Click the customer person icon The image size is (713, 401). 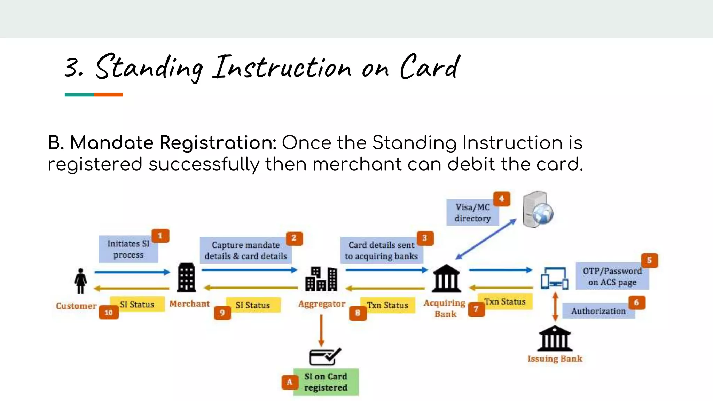pyautogui.click(x=80, y=281)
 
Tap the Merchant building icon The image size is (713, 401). pyautogui.click(x=186, y=277)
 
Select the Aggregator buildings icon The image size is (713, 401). pyautogui.click(x=321, y=279)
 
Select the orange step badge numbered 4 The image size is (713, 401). pyautogui.click(x=502, y=199)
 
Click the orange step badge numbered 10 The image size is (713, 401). pyautogui.click(x=109, y=312)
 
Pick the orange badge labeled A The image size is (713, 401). pyautogui.click(x=290, y=382)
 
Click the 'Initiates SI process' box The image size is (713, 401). pyautogui.click(x=128, y=249)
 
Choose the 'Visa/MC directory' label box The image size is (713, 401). pyautogui.click(x=472, y=213)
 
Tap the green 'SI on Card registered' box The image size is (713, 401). pyautogui.click(x=326, y=382)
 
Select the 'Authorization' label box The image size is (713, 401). pyautogui.click(x=598, y=311)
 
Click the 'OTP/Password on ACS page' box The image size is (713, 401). pyautogui.click(x=612, y=276)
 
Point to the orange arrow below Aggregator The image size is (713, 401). pyautogui.click(x=321, y=330)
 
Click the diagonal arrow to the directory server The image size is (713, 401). pyautogui.click(x=486, y=239)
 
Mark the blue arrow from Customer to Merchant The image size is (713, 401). pyautogui.click(x=132, y=272)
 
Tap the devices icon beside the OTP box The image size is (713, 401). pyautogui.click(x=554, y=278)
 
